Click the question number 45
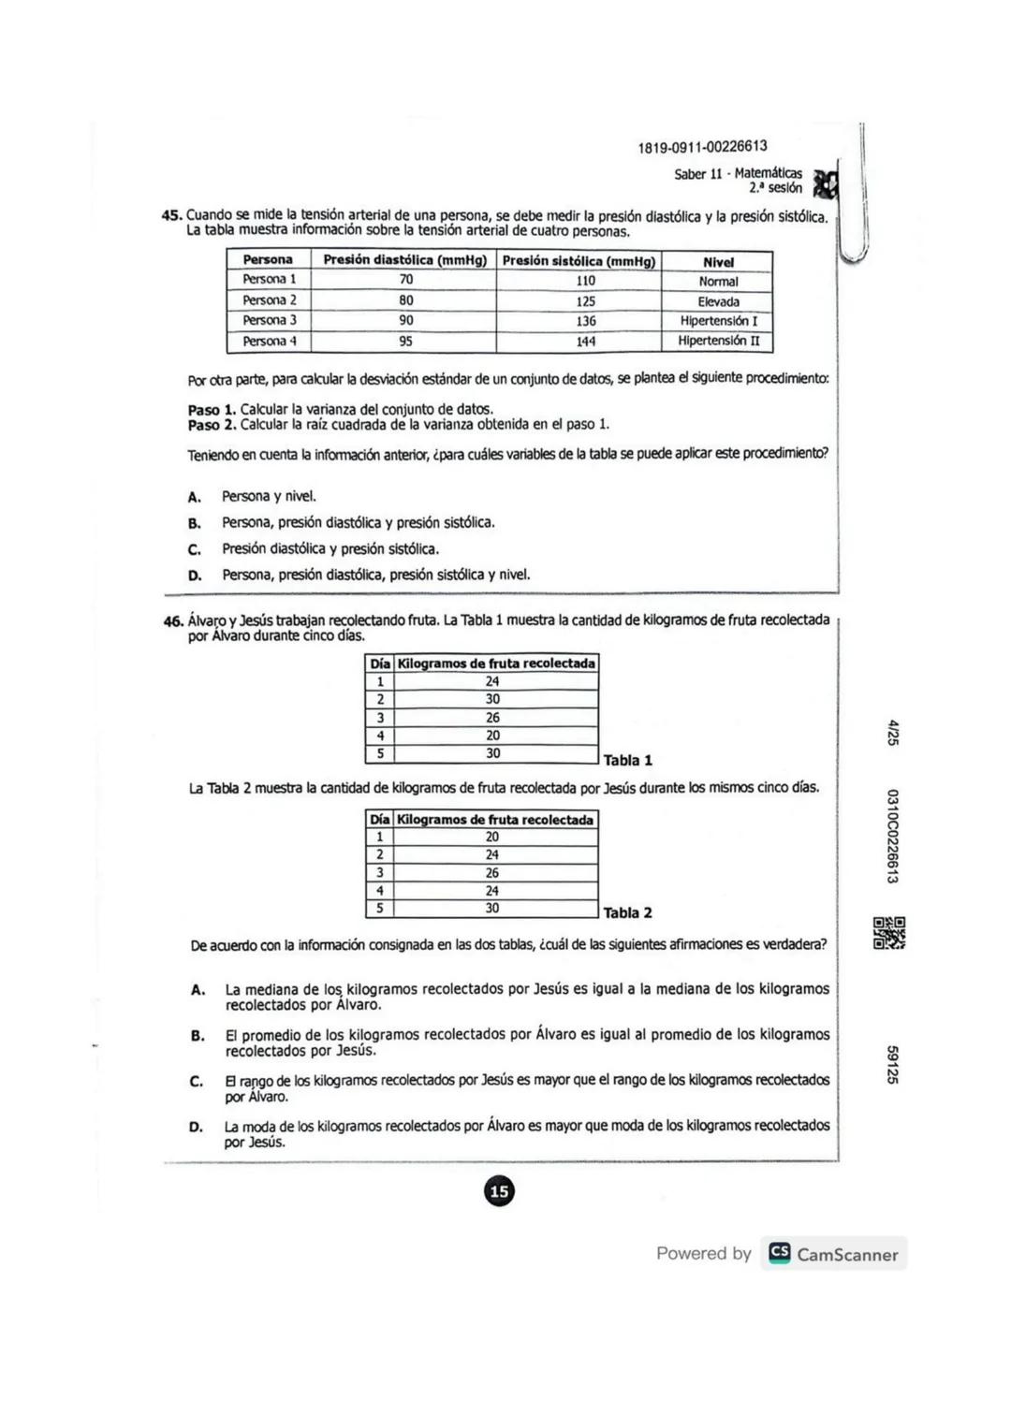click(171, 216)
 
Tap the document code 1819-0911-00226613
click(702, 147)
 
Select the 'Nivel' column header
click(718, 262)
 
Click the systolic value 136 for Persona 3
click(586, 321)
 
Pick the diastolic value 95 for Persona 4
click(405, 342)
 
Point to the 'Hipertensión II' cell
click(719, 341)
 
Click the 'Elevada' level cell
click(718, 301)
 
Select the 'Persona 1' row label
click(269, 280)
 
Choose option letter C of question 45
click(195, 549)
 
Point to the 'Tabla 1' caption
click(628, 760)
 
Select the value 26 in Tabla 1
click(492, 718)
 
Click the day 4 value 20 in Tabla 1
click(492, 736)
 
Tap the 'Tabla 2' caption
click(628, 912)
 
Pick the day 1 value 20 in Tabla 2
click(491, 837)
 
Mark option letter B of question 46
click(198, 1036)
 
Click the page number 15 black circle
click(499, 1191)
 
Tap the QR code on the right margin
click(889, 933)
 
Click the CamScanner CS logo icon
click(779, 1253)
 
